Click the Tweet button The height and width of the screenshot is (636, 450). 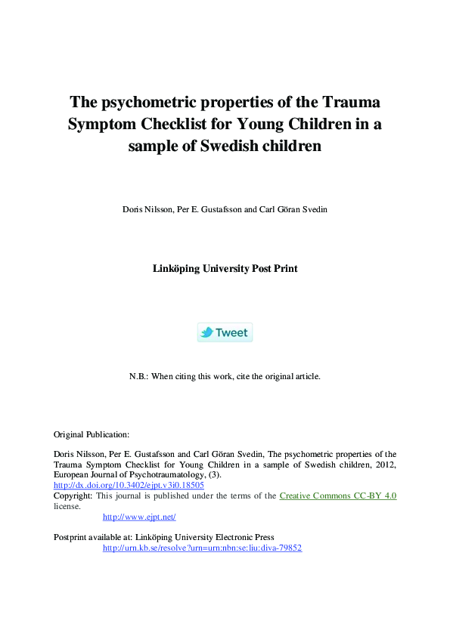click(225, 332)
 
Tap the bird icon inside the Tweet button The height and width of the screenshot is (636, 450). click(206, 332)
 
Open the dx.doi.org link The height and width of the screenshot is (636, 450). click(129, 485)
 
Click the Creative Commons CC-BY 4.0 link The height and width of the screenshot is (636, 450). click(338, 496)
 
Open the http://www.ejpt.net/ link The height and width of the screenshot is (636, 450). click(139, 517)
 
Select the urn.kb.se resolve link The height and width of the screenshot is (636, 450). click(202, 548)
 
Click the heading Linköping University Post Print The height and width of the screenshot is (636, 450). click(225, 268)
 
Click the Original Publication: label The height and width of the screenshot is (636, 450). click(92, 434)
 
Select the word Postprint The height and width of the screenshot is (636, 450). click(71, 537)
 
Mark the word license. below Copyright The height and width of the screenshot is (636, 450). click(67, 506)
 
